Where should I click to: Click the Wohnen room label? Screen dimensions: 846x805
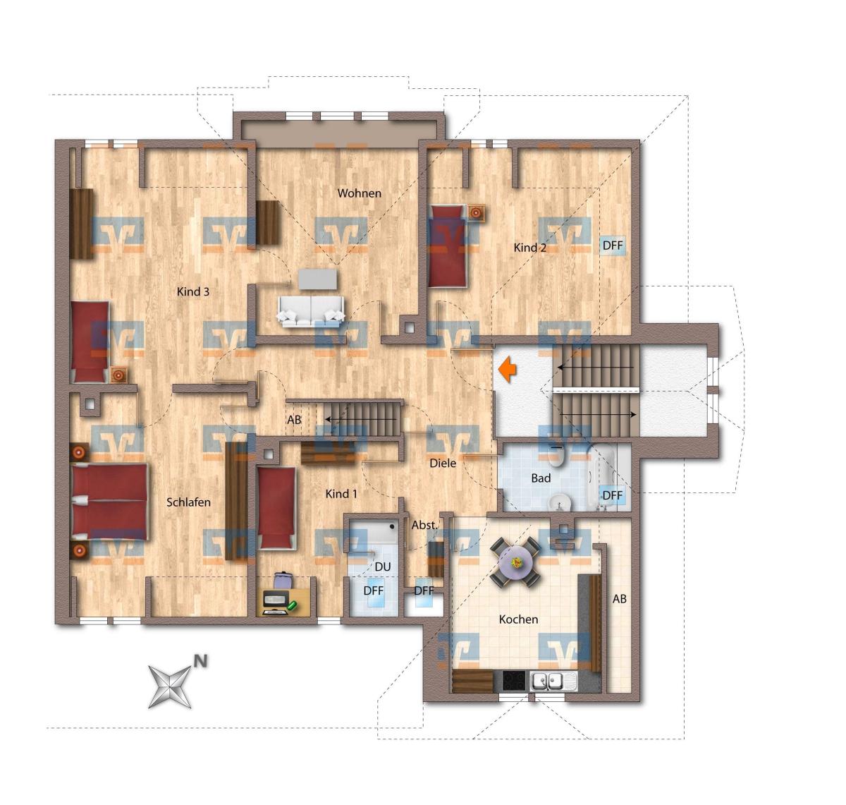359,193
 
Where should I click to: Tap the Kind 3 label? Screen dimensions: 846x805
192,291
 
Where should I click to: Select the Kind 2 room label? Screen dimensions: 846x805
529,248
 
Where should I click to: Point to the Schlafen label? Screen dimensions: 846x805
188,502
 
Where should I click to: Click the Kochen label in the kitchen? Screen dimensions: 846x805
518,619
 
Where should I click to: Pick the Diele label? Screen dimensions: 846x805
443,463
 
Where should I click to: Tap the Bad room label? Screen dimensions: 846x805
541,478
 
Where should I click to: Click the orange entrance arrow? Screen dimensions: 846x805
508,369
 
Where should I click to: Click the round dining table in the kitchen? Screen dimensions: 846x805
515,561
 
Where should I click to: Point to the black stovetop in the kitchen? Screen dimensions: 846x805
514,681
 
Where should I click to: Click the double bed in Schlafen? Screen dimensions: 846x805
110,501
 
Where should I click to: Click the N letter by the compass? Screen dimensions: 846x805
200,660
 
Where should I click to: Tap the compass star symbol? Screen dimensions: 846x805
169,686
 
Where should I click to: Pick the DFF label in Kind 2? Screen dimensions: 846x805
613,246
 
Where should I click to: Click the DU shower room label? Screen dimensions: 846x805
383,567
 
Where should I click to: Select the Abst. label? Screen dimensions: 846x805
424,526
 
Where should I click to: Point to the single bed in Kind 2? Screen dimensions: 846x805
448,246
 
